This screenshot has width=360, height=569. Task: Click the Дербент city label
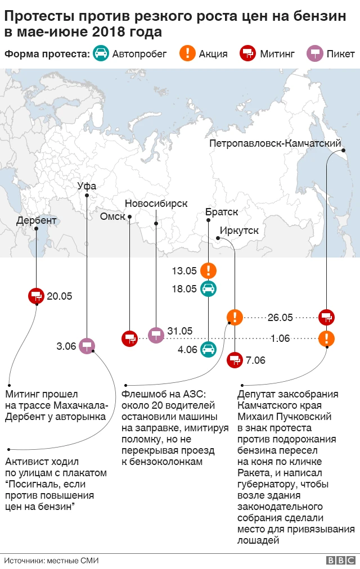36,220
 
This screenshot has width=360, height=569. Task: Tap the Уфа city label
87,187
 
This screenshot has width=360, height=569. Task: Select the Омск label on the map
112,216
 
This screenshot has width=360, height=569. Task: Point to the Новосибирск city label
156,204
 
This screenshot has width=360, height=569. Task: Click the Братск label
222,212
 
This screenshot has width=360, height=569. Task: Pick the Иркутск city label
239,231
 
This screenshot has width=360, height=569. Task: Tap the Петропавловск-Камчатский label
275,143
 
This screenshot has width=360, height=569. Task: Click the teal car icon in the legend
102,53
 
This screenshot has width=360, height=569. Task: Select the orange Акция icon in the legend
187,53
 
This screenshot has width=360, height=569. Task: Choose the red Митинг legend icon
248,53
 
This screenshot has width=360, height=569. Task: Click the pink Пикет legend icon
314,53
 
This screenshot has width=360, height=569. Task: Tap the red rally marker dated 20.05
36,296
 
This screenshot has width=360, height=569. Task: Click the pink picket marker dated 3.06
86,346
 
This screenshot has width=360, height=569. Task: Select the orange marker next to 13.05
208,270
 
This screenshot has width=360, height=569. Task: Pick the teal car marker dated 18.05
208,289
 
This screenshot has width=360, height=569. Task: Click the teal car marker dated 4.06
208,349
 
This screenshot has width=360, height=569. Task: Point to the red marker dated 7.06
235,360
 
